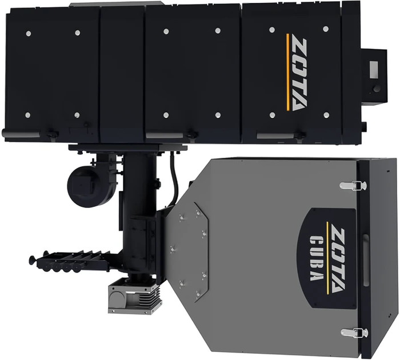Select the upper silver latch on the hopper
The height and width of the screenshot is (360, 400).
coord(353,186)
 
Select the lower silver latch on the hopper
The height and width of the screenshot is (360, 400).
coord(354,333)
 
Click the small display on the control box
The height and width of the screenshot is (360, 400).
coord(374,69)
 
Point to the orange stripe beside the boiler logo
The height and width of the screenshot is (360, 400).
coord(288,72)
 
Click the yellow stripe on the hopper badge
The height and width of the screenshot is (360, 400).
coord(327,258)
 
